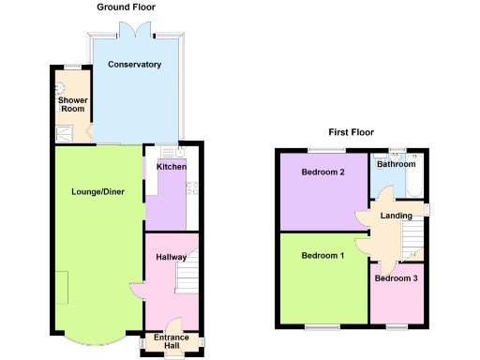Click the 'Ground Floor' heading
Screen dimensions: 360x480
click(x=126, y=7)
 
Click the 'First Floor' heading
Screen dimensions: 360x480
click(x=352, y=132)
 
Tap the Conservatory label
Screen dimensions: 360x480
click(x=134, y=65)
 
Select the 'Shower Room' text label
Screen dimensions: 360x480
click(x=72, y=104)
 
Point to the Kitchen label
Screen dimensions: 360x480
click(x=171, y=167)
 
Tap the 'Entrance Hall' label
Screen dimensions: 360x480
click(x=172, y=341)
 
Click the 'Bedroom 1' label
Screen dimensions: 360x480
click(x=322, y=256)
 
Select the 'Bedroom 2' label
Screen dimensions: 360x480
click(x=322, y=172)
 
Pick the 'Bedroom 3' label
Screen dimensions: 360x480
click(x=395, y=278)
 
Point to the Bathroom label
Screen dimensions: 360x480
click(x=396, y=164)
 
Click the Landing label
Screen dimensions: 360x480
click(x=394, y=217)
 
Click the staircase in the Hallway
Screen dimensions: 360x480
click(x=187, y=275)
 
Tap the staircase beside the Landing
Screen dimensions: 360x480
click(x=411, y=246)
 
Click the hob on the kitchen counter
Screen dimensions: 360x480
click(x=191, y=187)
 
